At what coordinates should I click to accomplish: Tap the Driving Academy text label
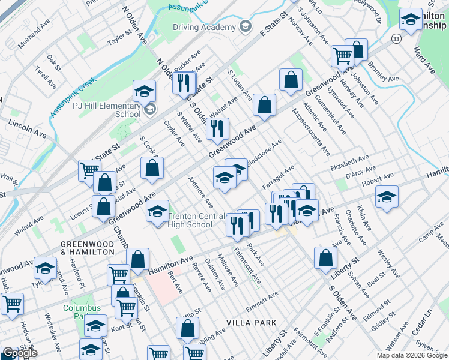[204, 27]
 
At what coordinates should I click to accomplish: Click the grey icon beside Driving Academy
[245, 26]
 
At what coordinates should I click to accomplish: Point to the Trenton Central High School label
[190, 220]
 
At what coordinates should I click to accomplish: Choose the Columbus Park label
[83, 313]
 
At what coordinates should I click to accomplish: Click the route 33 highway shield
[396, 38]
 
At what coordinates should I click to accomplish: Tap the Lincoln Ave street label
[27, 128]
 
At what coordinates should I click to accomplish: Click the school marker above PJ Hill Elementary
[144, 92]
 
